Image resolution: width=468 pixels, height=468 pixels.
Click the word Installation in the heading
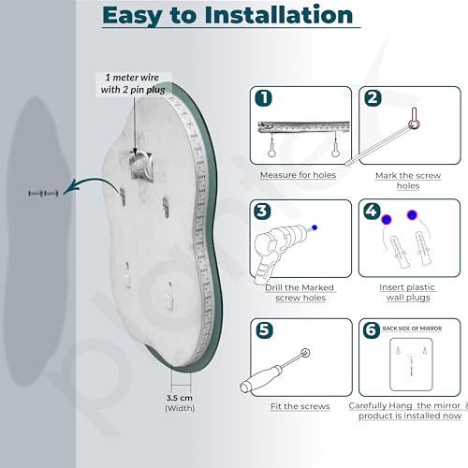tap(279, 15)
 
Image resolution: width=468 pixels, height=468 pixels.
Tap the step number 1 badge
tap(264, 98)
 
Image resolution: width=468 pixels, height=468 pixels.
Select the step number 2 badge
tap(373, 98)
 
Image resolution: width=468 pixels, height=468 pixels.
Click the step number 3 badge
tap(262, 211)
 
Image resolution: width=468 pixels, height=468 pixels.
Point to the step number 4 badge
tap(372, 211)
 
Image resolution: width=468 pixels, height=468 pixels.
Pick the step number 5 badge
tap(264, 330)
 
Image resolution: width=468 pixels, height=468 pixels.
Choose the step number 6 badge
tap(372, 330)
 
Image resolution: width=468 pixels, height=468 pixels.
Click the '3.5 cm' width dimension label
tap(179, 398)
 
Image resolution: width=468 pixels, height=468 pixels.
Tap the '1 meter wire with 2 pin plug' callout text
tap(133, 83)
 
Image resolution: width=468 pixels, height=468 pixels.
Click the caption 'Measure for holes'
tap(298, 175)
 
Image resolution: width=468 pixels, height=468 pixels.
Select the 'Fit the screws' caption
tap(300, 406)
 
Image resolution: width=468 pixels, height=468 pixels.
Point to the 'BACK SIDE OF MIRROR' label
tap(412, 329)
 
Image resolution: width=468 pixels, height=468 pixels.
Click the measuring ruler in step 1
tap(303, 126)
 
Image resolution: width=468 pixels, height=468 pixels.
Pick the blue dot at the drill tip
tap(314, 227)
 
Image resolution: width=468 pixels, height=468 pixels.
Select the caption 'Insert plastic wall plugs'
tap(407, 292)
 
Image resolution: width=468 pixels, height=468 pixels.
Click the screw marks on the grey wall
tap(43, 194)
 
